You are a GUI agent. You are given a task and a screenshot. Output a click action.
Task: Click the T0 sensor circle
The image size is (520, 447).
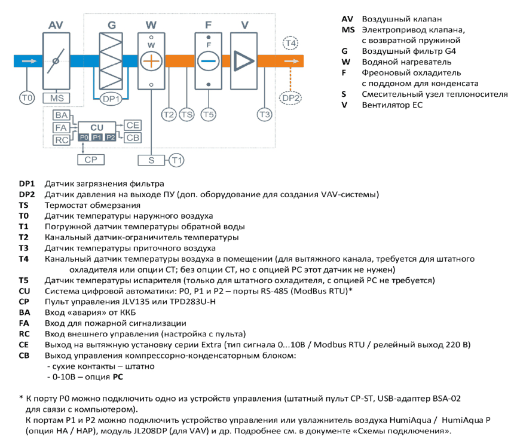tap(27, 98)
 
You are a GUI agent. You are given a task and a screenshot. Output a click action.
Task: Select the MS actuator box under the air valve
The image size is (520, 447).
tap(56, 98)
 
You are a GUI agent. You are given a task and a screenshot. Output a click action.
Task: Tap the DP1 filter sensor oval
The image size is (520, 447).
tap(111, 99)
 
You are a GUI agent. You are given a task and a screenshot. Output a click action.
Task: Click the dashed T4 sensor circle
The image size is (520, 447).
tap(290, 43)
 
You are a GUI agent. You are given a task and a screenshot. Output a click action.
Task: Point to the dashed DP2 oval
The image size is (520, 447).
tap(290, 98)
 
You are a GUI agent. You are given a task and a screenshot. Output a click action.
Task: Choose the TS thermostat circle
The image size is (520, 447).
tap(186, 115)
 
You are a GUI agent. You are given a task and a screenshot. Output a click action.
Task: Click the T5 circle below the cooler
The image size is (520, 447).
tap(208, 115)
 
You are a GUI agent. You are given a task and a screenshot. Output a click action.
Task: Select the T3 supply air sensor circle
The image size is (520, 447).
tap(264, 115)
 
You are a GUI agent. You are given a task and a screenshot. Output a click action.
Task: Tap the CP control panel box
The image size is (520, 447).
tap(91, 160)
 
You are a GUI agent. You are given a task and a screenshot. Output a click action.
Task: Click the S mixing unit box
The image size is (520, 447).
tap(151, 160)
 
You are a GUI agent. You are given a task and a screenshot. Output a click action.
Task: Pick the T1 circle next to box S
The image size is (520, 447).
tap(177, 160)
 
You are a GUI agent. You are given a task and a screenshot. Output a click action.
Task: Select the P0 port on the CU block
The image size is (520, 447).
tap(84, 137)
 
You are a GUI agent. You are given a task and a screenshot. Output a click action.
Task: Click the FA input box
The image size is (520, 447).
tap(61, 128)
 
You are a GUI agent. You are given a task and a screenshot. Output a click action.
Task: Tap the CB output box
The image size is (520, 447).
tap(133, 137)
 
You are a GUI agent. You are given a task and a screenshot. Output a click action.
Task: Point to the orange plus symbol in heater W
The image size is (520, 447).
tap(151, 62)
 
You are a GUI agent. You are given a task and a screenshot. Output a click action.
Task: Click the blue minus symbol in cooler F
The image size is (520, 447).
tap(208, 61)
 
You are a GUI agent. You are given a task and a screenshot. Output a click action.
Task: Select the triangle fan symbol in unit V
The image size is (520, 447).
tap(244, 61)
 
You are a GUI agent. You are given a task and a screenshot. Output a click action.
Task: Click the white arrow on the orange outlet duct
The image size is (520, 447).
tap(292, 61)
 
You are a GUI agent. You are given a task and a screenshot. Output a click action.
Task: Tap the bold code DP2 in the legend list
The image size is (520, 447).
tap(27, 194)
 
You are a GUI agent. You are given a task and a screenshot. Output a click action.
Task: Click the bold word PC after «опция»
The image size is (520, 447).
tap(118, 377)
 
